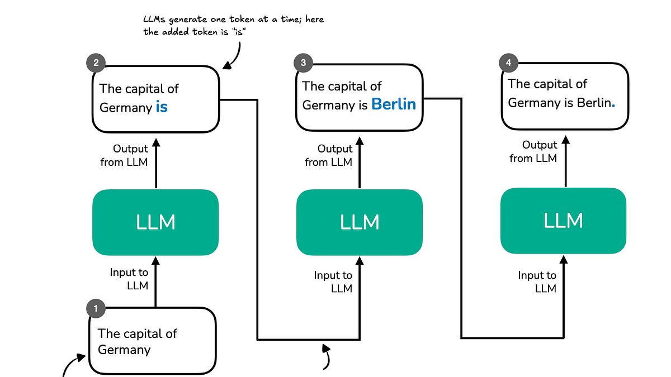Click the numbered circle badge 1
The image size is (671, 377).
point(96,308)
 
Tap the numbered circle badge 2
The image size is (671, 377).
point(96,63)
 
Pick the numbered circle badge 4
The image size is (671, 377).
point(508,63)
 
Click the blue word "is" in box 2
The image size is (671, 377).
point(162,107)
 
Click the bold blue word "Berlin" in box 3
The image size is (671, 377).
point(394,104)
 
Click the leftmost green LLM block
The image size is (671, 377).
point(155,222)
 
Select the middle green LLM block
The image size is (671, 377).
point(360,222)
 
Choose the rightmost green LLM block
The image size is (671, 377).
point(563,221)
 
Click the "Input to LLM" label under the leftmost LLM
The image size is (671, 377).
point(129,279)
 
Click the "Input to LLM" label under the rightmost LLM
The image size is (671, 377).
point(537,281)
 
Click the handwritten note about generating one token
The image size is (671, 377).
point(233,26)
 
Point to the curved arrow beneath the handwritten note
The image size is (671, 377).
point(234,56)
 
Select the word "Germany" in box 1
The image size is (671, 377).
point(124,350)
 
